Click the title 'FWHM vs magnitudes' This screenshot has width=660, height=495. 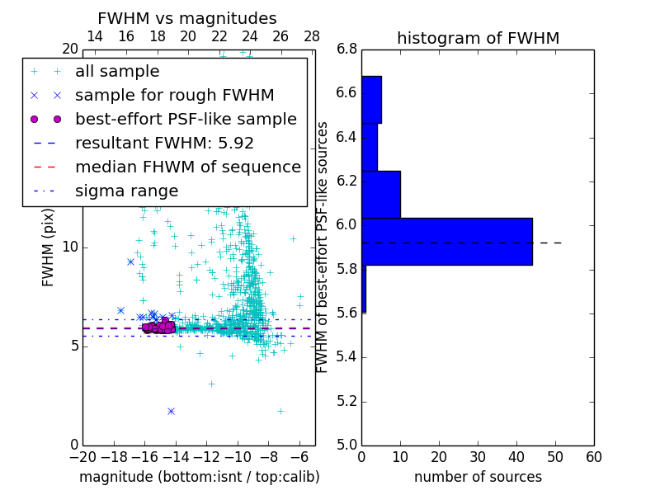coord(187,19)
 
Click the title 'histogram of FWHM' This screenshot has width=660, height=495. coord(478,39)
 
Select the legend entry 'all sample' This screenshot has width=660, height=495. coord(117,72)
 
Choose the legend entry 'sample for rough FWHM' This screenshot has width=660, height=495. coord(174,96)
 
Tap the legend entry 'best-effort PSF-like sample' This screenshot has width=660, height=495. coord(186,120)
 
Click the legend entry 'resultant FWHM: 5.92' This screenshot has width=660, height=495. coord(164,144)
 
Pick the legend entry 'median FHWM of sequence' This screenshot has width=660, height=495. coord(187,167)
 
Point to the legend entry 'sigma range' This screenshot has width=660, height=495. coord(126,191)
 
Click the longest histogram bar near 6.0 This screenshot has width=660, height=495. coord(446,242)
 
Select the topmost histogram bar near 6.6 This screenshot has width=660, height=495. coord(371,100)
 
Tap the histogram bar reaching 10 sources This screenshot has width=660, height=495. coord(380,195)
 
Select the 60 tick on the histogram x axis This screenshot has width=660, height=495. coord(593,457)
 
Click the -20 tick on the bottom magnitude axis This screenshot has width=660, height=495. coord(82,457)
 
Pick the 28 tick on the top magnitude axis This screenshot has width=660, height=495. coord(312,37)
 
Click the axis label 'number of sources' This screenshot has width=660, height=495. coord(478,477)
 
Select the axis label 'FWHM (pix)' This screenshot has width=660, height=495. coord(49,247)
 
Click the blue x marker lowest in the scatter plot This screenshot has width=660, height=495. coord(171,411)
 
